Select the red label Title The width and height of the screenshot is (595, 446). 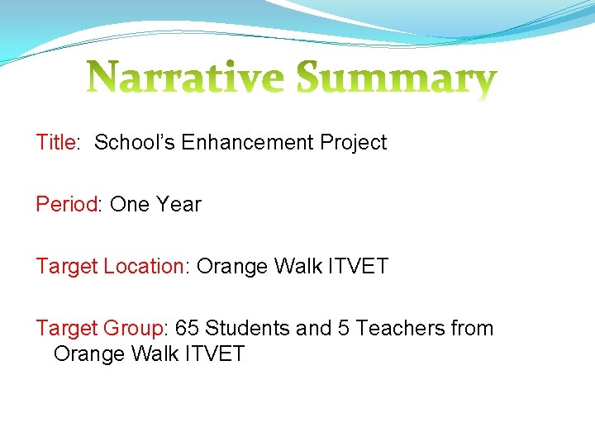55,142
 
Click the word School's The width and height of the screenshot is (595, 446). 135,142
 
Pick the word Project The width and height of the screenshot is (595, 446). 354,143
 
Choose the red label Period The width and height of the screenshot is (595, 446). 66,204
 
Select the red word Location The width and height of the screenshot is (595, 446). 145,266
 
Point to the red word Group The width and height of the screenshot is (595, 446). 134,328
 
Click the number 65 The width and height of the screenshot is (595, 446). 187,328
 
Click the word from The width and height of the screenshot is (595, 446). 472,328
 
